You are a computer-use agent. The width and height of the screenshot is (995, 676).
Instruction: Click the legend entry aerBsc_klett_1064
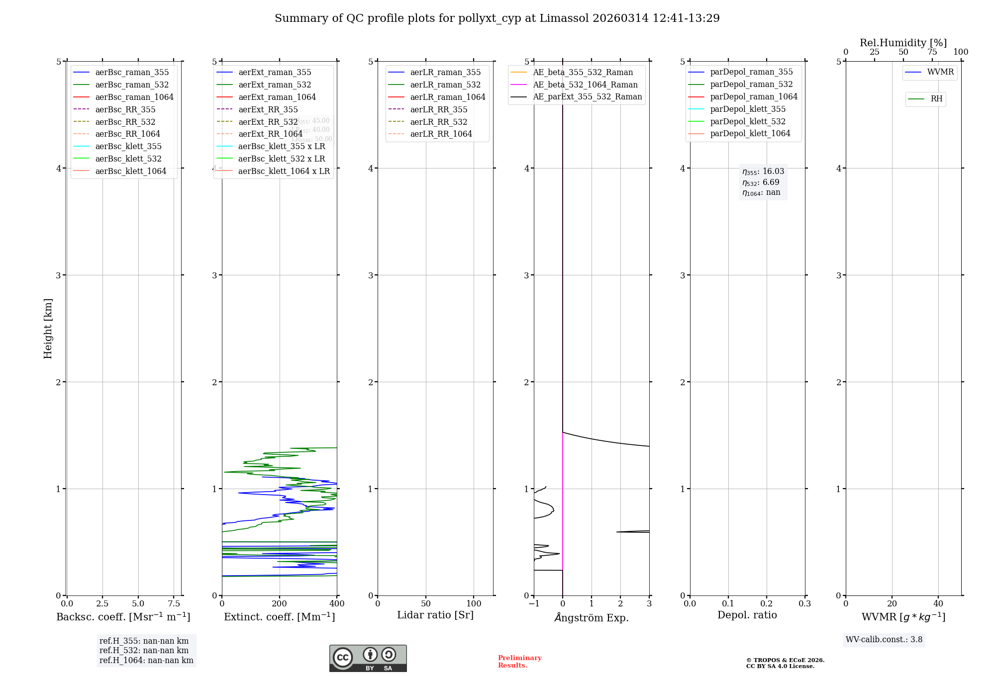pyautogui.click(x=130, y=171)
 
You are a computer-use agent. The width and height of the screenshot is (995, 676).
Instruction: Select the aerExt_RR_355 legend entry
pyautogui.click(x=268, y=109)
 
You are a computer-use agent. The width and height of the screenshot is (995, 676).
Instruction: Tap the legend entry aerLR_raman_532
pyautogui.click(x=445, y=84)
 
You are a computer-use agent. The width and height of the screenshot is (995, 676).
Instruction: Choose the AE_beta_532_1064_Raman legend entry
pyautogui.click(x=585, y=84)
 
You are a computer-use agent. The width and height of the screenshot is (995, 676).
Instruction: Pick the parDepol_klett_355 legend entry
pyautogui.click(x=748, y=109)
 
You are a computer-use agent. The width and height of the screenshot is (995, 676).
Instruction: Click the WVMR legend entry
pyautogui.click(x=940, y=72)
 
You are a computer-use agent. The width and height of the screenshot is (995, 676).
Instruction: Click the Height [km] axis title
pyautogui.click(x=48, y=328)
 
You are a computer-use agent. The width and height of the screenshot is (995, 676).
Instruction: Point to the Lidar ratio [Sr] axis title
pyautogui.click(x=435, y=615)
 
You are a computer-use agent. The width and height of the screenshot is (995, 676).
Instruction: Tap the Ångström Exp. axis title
pyautogui.click(x=592, y=617)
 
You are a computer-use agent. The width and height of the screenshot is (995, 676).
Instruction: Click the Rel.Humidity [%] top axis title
pyautogui.click(x=903, y=43)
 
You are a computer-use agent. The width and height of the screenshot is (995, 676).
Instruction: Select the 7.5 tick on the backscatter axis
pyautogui.click(x=174, y=603)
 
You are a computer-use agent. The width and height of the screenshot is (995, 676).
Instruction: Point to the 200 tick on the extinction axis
pyautogui.click(x=280, y=603)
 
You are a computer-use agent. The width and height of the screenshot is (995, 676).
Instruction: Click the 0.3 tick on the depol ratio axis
pyautogui.click(x=804, y=603)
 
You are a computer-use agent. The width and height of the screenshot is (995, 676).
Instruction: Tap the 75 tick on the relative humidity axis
pyautogui.click(x=932, y=52)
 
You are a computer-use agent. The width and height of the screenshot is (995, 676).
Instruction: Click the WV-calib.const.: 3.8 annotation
pyautogui.click(x=884, y=639)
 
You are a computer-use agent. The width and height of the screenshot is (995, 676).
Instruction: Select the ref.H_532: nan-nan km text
pyautogui.click(x=144, y=650)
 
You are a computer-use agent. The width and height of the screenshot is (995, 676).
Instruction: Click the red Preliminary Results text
pyautogui.click(x=519, y=661)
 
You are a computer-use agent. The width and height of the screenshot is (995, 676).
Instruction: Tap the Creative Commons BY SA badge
pyautogui.click(x=368, y=658)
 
